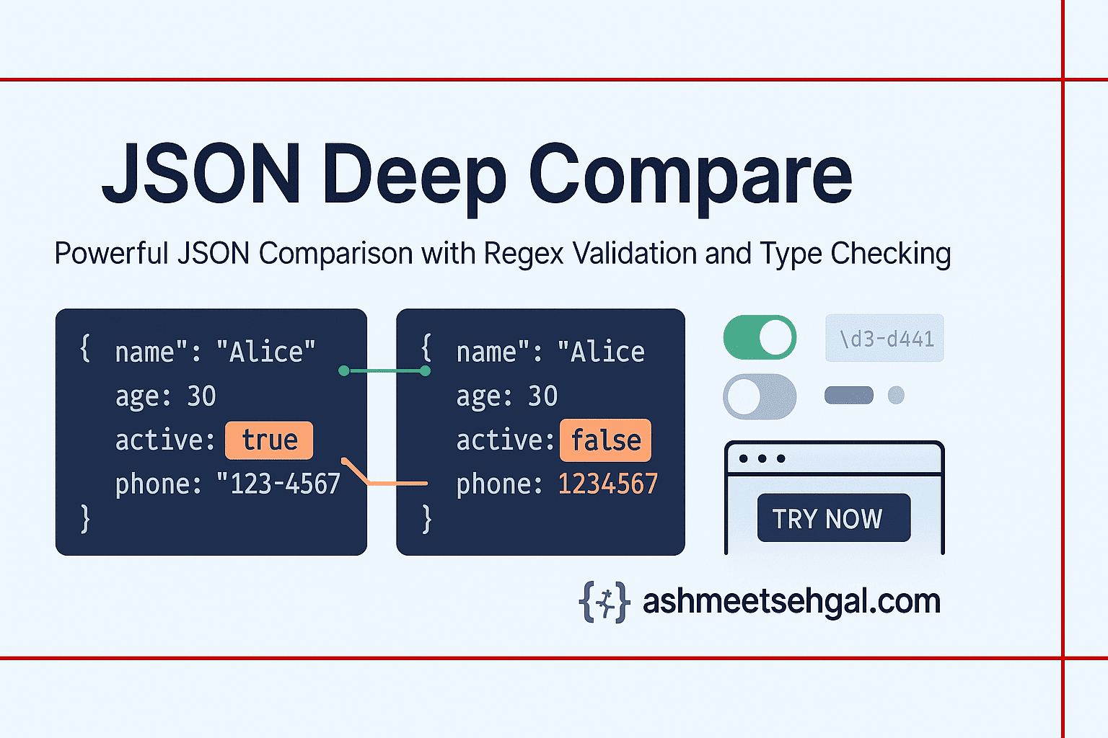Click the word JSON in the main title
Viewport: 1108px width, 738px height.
click(201, 175)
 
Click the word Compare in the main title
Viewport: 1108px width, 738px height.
click(690, 175)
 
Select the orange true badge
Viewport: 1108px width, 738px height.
click(269, 440)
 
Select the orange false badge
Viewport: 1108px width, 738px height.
click(606, 440)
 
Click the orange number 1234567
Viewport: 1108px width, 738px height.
click(607, 484)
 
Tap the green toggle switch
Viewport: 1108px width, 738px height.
click(760, 337)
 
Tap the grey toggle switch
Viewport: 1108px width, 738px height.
click(760, 396)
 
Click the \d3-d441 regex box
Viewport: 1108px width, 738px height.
click(884, 338)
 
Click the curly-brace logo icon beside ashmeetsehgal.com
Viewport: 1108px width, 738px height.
click(604, 603)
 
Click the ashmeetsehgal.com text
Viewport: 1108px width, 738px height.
click(791, 602)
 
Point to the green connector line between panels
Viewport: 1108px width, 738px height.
click(384, 371)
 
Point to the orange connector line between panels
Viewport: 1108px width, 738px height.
click(390, 482)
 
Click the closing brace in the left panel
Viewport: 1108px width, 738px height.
click(85, 518)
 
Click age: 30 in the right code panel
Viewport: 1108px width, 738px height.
click(506, 396)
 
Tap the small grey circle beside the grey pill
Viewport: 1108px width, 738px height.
click(896, 395)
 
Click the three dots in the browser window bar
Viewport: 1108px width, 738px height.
click(762, 458)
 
